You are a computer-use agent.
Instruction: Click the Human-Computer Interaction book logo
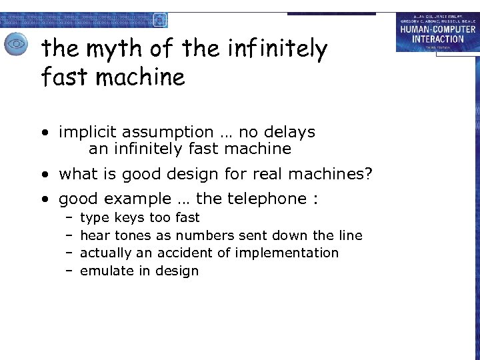(437, 32)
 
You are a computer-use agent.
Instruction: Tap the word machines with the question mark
(323, 174)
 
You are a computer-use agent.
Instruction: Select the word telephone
(267, 198)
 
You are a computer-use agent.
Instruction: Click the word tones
(133, 235)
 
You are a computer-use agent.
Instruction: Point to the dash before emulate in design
(69, 271)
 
